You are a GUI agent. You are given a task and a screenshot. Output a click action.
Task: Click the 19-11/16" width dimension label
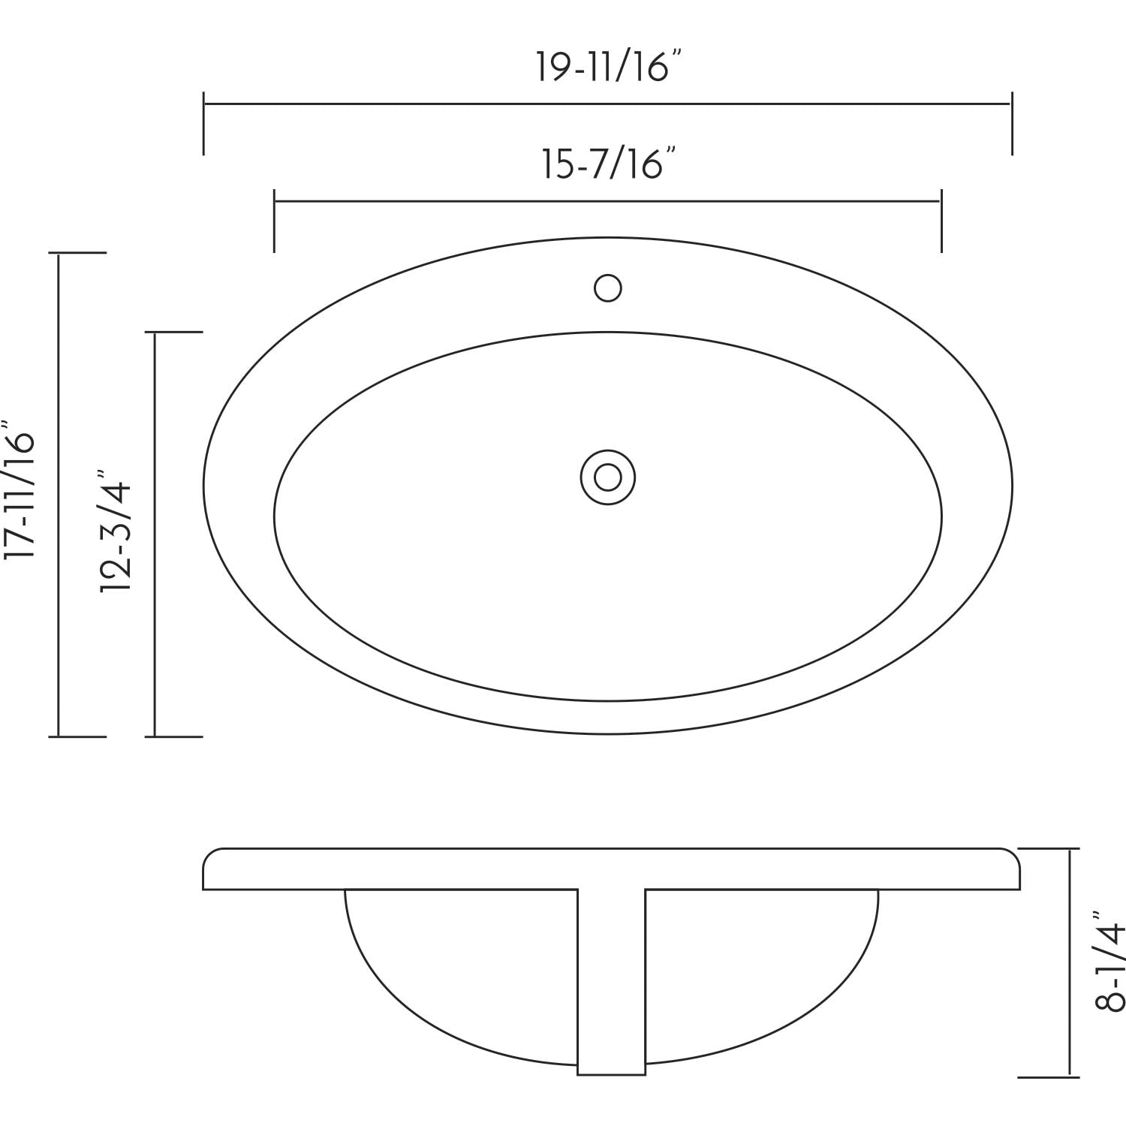pyautogui.click(x=609, y=67)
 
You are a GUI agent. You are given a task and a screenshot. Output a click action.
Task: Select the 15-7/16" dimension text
pyautogui.click(x=609, y=164)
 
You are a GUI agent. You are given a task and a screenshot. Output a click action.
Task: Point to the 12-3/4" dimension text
pyautogui.click(x=116, y=531)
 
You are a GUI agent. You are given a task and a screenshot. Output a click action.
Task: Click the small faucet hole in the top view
pyautogui.click(x=607, y=288)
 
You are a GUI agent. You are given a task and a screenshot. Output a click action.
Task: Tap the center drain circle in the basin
pyautogui.click(x=607, y=477)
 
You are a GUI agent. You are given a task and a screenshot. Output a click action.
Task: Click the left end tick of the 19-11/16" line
pyautogui.click(x=203, y=123)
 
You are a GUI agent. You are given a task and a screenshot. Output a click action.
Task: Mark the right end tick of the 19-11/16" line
pyautogui.click(x=1012, y=123)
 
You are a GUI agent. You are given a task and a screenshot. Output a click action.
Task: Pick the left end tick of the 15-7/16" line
pyautogui.click(x=274, y=221)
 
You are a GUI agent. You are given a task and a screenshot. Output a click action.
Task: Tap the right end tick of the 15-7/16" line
pyautogui.click(x=941, y=221)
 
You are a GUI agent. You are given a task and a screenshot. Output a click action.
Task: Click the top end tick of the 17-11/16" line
pyautogui.click(x=78, y=253)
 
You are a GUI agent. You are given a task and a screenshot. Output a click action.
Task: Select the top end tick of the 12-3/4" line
pyautogui.click(x=175, y=332)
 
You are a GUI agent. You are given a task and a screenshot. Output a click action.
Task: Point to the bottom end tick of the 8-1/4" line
pyautogui.click(x=1054, y=1075)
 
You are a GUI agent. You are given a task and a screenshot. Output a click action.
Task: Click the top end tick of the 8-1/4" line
pyautogui.click(x=1054, y=849)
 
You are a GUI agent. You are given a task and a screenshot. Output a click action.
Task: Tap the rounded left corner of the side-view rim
pyautogui.click(x=210, y=857)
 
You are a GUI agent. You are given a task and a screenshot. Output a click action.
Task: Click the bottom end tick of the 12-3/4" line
pyautogui.click(x=175, y=736)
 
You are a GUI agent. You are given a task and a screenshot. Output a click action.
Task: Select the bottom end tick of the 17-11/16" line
pyautogui.click(x=78, y=736)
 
